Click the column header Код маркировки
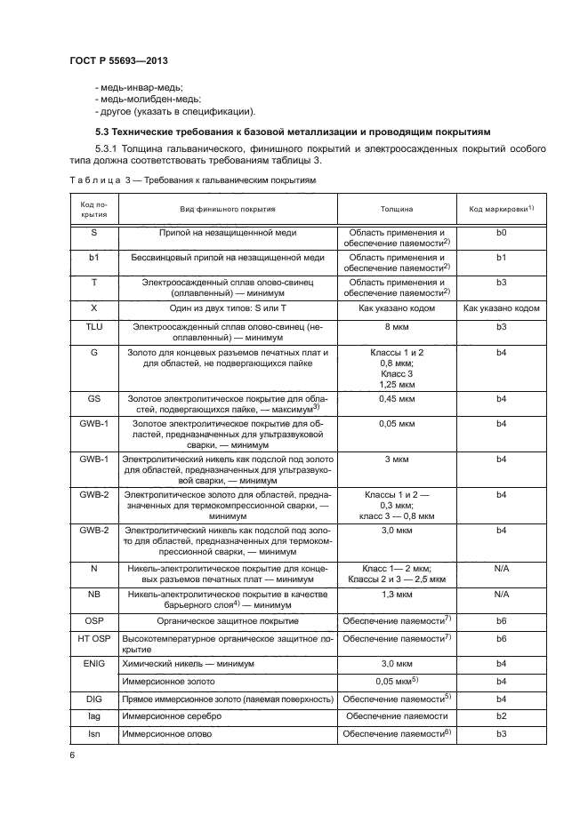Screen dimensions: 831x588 pyautogui.click(x=501, y=209)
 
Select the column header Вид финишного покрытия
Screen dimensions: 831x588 pyautogui.click(x=228, y=209)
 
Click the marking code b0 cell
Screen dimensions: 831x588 pyautogui.click(x=501, y=233)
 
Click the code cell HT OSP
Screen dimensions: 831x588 pyautogui.click(x=94, y=638)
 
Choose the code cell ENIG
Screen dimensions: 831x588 pyautogui.click(x=94, y=663)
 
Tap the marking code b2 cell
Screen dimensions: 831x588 pyautogui.click(x=501, y=715)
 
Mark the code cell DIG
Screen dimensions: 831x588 pyautogui.click(x=94, y=698)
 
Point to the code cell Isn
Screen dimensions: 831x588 pyautogui.click(x=94, y=733)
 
